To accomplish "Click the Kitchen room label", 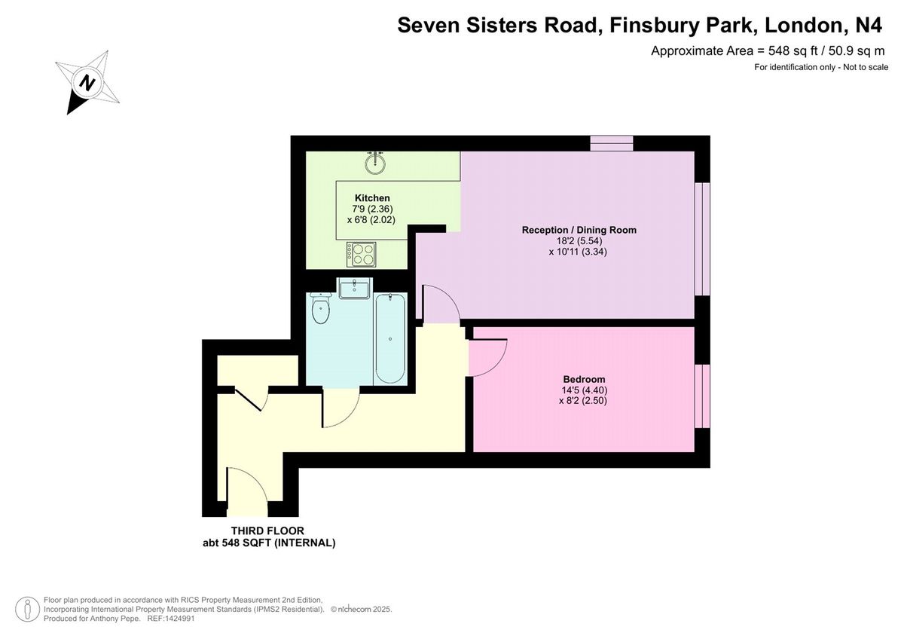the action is (372, 197).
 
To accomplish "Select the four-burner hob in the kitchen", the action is (361, 254).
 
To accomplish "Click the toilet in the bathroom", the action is (321, 308).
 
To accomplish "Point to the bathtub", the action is (390, 338).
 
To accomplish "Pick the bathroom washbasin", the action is (354, 288).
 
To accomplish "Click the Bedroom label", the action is (584, 380).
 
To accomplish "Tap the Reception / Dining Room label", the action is (579, 230).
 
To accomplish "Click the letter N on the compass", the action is (87, 83).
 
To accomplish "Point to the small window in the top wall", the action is (612, 143).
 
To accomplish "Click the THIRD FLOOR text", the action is (267, 530).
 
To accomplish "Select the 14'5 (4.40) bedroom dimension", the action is (584, 390).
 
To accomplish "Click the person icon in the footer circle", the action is (27, 609).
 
